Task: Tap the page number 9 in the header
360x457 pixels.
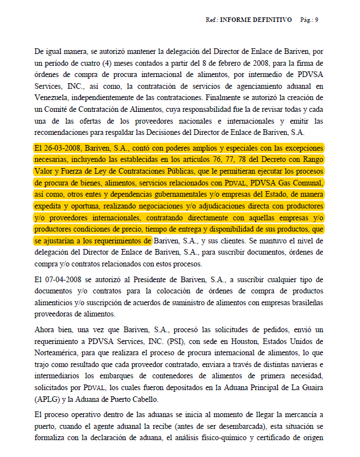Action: click(x=317, y=20)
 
